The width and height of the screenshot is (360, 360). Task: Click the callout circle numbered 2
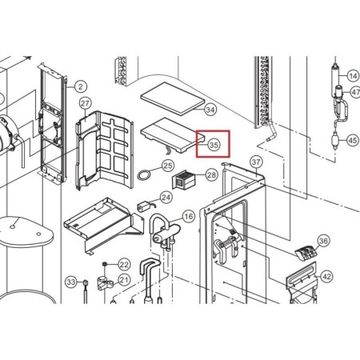pos(81,86)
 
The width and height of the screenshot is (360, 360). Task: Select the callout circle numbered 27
pos(86,103)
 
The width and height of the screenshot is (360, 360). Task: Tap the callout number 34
pos(210,110)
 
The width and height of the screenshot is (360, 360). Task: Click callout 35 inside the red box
pos(214,145)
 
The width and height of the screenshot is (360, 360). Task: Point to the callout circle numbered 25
pos(168,166)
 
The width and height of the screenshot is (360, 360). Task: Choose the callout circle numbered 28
pos(212,175)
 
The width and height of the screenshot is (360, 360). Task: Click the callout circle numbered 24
pos(166,198)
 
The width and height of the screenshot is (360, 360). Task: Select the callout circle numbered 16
pos(189,216)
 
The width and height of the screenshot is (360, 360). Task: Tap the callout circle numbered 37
pos(256,162)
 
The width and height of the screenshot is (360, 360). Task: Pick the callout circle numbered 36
pos(323,241)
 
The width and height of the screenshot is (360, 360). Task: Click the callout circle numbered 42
pos(326,277)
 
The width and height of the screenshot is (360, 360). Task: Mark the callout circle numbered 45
pos(353,140)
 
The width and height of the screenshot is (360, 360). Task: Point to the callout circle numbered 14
pos(353,76)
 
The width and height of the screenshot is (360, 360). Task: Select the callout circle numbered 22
pos(124,265)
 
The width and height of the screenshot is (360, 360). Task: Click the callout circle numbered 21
pos(124,280)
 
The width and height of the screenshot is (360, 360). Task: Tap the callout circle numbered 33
pos(71,282)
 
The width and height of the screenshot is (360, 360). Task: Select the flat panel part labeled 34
pos(173,98)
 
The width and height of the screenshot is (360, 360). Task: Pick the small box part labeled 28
pos(184,179)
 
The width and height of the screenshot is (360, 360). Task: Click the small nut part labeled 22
pos(105,264)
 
